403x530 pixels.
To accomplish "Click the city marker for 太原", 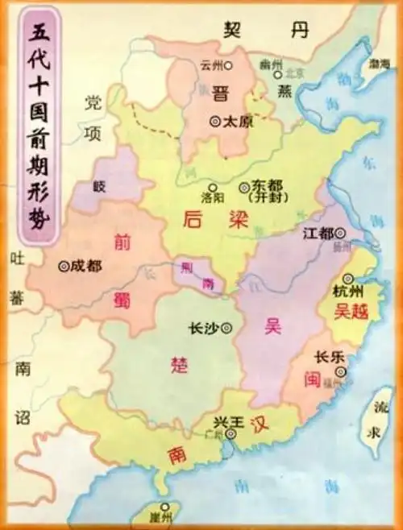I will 214,121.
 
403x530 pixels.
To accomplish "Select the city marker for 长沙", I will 226,327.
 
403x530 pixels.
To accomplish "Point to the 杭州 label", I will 349,291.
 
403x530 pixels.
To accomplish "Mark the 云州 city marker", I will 229,64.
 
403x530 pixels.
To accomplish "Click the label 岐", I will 100,185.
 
